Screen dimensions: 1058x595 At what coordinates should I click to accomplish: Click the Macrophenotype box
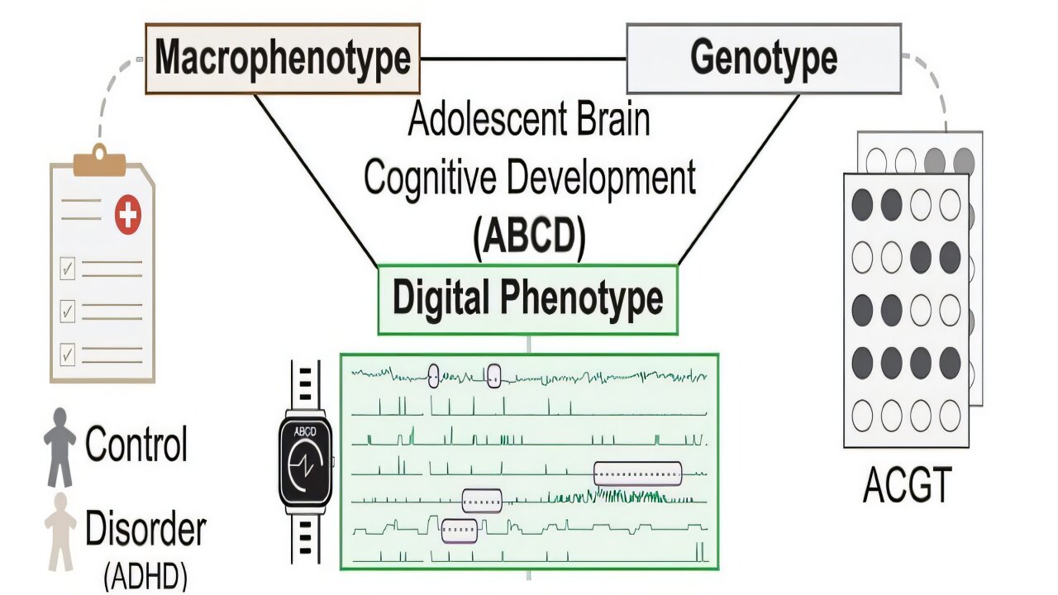click(x=283, y=59)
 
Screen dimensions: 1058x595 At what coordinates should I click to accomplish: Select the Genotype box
click(x=764, y=59)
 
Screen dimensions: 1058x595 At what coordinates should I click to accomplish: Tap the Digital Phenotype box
click(x=527, y=300)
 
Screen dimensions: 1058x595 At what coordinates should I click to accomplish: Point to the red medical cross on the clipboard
click(x=127, y=216)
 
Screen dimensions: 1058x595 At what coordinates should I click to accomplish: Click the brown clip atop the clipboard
click(x=100, y=161)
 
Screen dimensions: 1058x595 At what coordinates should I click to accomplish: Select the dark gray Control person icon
click(x=60, y=447)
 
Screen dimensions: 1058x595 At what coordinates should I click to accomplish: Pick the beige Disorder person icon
click(x=60, y=531)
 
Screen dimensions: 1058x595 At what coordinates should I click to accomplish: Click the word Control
click(x=136, y=443)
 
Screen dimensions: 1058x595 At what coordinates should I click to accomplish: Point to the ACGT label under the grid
click(x=907, y=485)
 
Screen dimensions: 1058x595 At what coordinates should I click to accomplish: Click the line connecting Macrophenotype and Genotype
click(x=523, y=59)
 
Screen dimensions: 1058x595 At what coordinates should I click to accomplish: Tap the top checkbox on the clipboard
click(x=68, y=269)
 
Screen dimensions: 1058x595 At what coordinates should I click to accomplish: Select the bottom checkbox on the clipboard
click(x=68, y=355)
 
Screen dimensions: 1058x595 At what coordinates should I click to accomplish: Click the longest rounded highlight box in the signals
click(x=637, y=474)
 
